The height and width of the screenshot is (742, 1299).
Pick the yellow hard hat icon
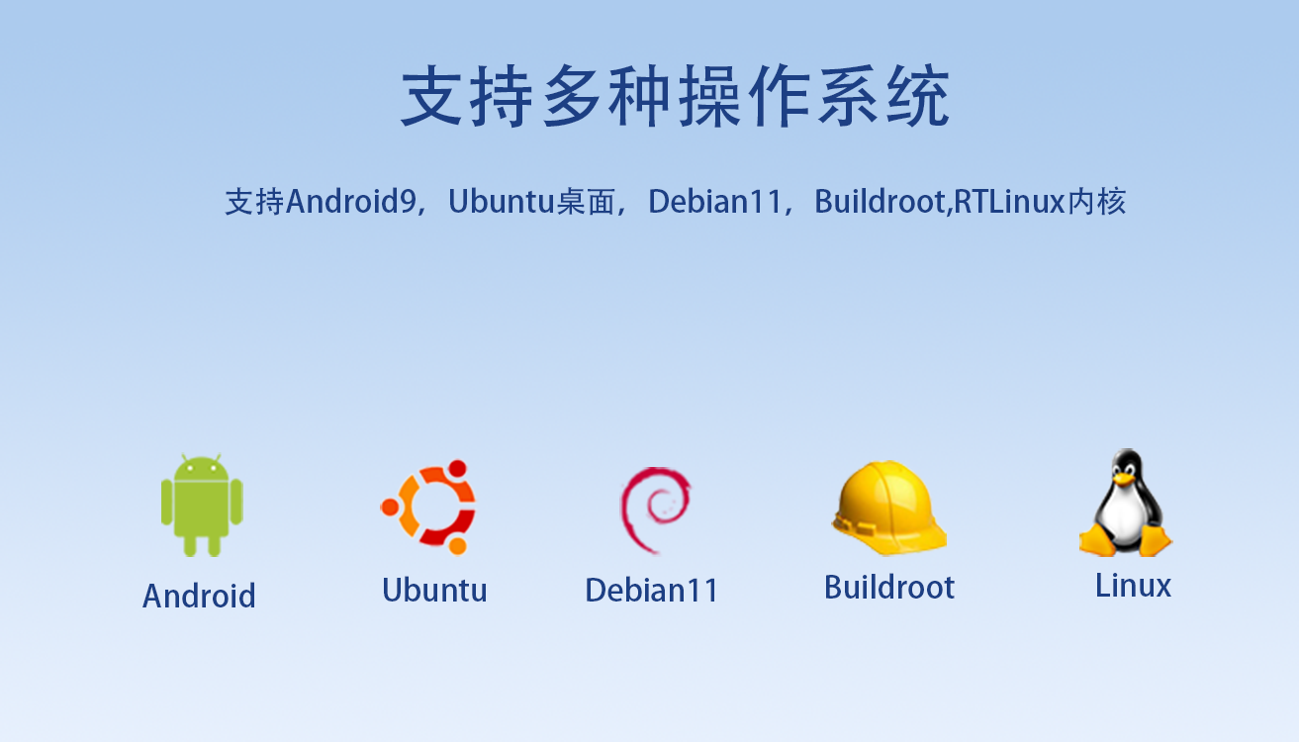tap(888, 508)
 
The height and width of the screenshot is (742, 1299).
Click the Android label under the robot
tap(199, 596)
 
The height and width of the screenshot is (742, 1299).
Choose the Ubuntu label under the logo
tap(434, 591)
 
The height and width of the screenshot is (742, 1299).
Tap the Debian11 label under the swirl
tap(651, 591)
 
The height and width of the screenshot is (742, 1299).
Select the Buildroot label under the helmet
tap(888, 588)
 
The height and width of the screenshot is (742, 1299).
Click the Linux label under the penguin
tap(1133, 586)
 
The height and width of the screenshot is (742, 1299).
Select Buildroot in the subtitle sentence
tap(880, 202)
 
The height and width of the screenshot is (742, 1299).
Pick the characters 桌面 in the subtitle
tap(586, 202)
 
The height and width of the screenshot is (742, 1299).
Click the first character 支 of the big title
tap(433, 97)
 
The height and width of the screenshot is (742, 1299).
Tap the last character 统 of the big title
tap(917, 97)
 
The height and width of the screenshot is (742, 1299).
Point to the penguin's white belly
tap(1125, 519)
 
